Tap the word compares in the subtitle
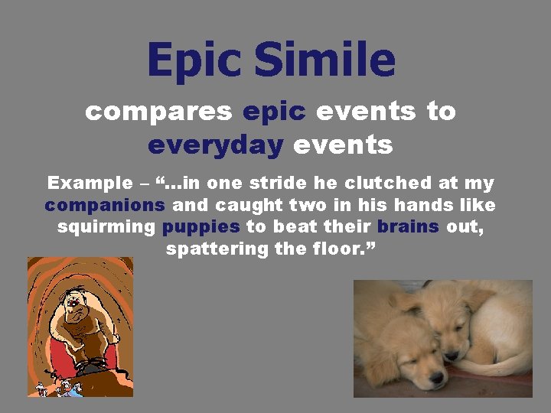click(x=158, y=112)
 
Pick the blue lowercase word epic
click(x=274, y=112)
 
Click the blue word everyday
click(x=216, y=144)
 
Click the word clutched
click(x=370, y=184)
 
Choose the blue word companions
click(x=105, y=206)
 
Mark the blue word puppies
click(x=201, y=227)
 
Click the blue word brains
click(x=409, y=227)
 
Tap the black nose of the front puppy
click(x=437, y=377)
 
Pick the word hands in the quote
click(x=440, y=206)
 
